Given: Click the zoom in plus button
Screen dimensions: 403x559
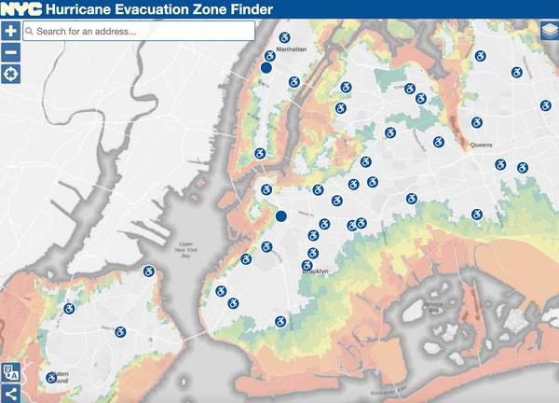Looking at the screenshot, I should pos(10,31).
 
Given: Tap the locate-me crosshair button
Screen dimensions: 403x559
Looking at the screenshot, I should pos(10,74).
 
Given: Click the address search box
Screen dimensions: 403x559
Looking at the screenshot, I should pos(140,31).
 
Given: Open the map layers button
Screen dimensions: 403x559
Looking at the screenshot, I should pos(548,31).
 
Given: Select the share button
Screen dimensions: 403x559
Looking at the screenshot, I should pos(10,393).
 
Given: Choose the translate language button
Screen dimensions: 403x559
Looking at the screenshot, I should pos(10,372).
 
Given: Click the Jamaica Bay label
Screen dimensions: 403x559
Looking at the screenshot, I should pos(434,309).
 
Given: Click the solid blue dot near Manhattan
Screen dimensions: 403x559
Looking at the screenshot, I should pos(266,68).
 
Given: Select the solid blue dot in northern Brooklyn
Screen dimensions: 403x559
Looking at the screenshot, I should pos(280,216).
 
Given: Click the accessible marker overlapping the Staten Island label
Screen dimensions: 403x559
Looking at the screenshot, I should pos(52,378).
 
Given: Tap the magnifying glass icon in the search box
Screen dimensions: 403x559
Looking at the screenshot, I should pos(30,31).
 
